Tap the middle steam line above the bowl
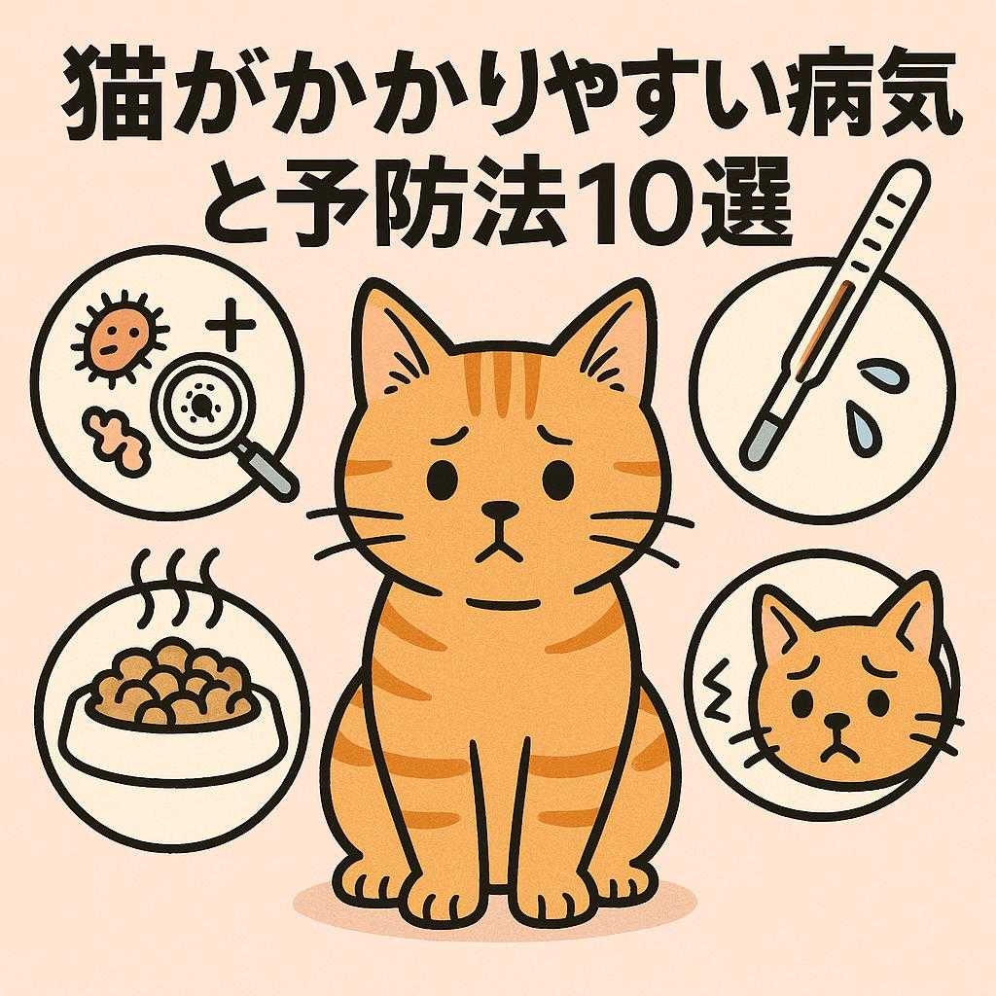tap(180, 582)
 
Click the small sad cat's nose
tap(836, 722)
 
